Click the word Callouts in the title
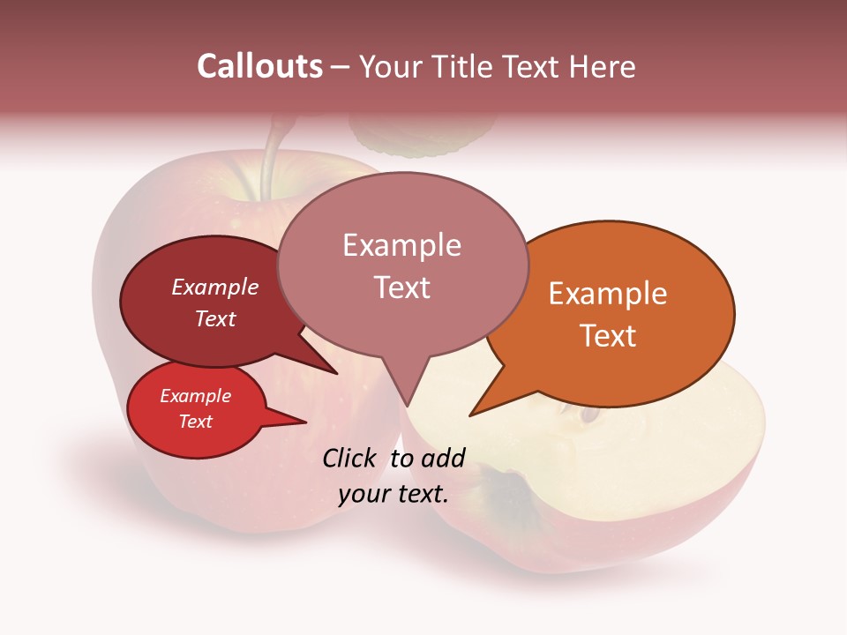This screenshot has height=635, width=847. coord(259,66)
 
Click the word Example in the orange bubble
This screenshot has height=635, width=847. coord(608,294)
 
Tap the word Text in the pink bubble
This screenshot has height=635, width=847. coord(402,288)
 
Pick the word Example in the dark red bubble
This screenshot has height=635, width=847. coord(215,287)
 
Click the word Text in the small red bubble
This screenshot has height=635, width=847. coord(196,422)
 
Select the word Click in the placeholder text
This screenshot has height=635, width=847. coord(350,458)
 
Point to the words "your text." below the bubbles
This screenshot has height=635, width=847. coord(394,493)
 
